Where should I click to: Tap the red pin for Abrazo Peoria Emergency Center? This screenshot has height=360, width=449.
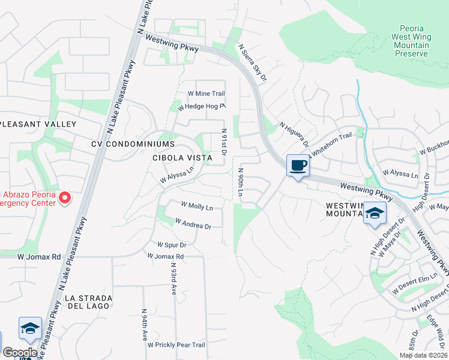pyautogui.click(x=67, y=197)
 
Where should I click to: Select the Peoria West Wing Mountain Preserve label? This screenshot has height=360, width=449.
pyautogui.click(x=411, y=41)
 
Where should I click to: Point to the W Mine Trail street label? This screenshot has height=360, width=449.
pyautogui.click(x=206, y=94)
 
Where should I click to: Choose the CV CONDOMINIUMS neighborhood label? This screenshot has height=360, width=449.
pyautogui.click(x=133, y=144)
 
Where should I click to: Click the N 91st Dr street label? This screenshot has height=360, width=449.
pyautogui.click(x=224, y=142)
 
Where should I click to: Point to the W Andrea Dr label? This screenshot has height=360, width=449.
pyautogui.click(x=193, y=224)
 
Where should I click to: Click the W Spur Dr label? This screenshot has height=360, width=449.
pyautogui.click(x=172, y=245)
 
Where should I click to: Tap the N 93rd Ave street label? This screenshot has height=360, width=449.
pyautogui.click(x=173, y=277)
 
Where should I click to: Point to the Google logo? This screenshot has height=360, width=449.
pyautogui.click(x=20, y=353)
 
